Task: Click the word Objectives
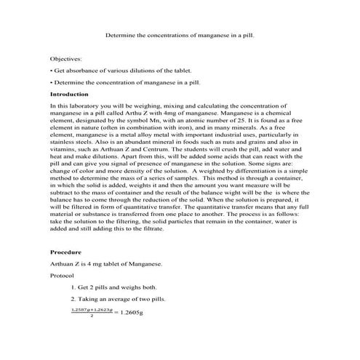tap(66, 57)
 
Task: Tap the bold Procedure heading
tap(66, 251)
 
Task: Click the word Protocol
tap(63, 276)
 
